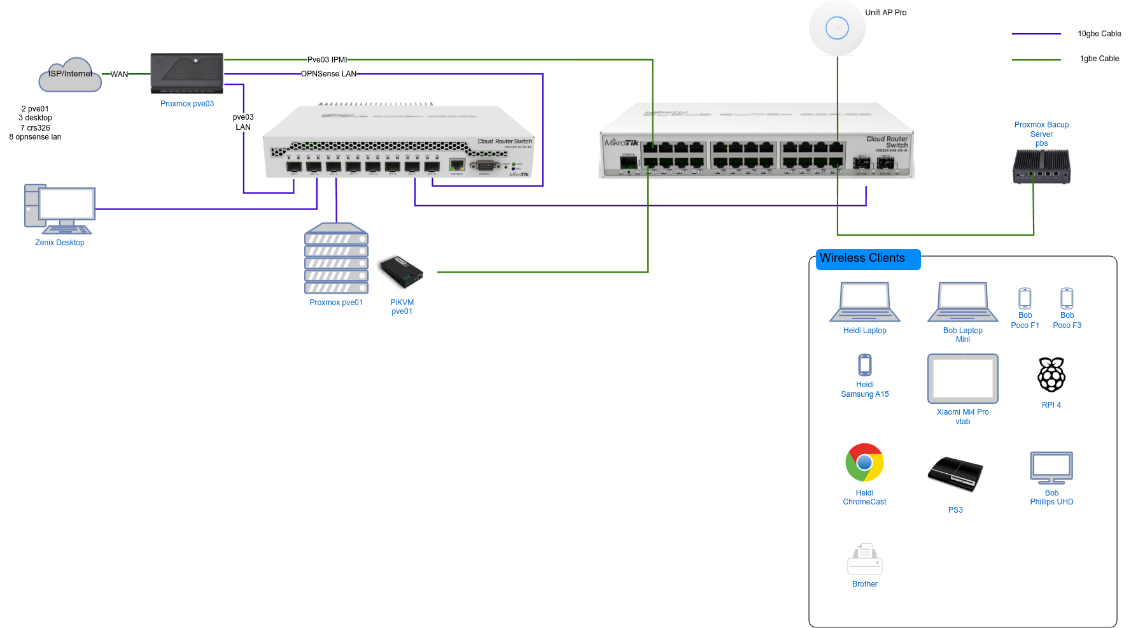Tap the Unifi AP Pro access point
(x=837, y=28)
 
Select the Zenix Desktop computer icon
(x=59, y=209)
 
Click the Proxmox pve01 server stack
(x=336, y=258)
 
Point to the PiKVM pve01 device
(x=401, y=272)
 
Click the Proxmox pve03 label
(x=187, y=104)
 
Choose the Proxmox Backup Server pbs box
(x=1041, y=167)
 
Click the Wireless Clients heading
(x=862, y=258)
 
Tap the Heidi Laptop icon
(x=865, y=302)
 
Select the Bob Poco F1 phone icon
(x=1025, y=298)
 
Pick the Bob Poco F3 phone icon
(x=1067, y=298)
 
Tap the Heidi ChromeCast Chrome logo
(x=864, y=462)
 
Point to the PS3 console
(x=955, y=474)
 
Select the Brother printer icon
(x=865, y=559)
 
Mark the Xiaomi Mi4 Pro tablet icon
(x=963, y=379)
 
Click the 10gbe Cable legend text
(x=1099, y=34)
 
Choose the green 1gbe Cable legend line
(x=1036, y=60)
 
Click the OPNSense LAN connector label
(x=328, y=74)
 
